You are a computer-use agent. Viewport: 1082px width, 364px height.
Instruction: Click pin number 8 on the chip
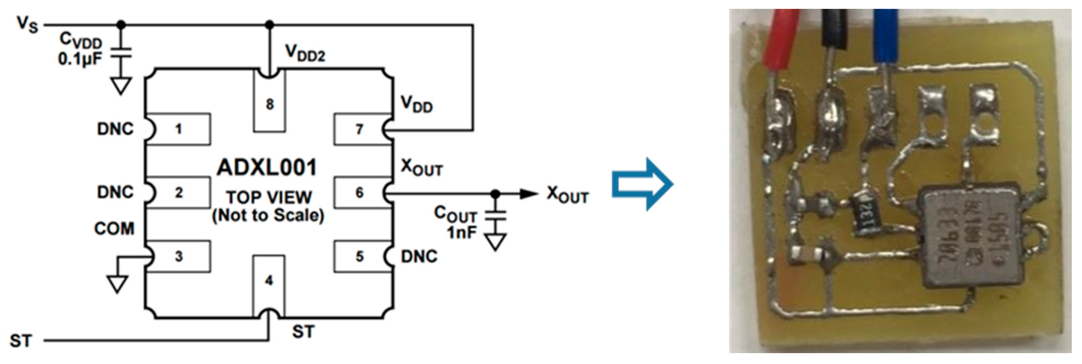click(270, 104)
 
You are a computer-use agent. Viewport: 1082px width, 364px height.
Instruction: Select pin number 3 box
click(179, 256)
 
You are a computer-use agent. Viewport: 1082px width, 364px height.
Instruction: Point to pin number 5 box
click(360, 256)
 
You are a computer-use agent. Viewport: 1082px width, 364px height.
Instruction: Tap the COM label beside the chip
click(114, 229)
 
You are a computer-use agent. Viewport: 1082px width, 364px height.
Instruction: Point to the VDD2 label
click(305, 53)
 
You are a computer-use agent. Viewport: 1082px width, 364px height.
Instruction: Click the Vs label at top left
click(27, 24)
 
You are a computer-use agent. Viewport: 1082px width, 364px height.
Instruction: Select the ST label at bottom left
click(20, 341)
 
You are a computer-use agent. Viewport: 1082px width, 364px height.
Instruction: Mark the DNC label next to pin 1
click(115, 129)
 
